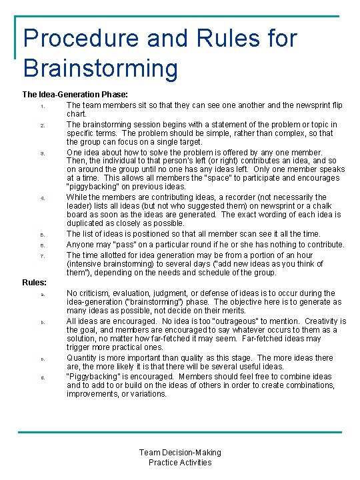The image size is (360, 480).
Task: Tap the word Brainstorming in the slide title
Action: (101, 68)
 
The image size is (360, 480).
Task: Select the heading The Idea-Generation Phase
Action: (75, 95)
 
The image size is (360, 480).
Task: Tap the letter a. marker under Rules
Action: (42, 294)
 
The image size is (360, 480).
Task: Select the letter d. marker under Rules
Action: (42, 377)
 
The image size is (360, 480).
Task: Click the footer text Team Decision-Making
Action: (180, 453)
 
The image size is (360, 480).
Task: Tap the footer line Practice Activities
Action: (180, 462)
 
